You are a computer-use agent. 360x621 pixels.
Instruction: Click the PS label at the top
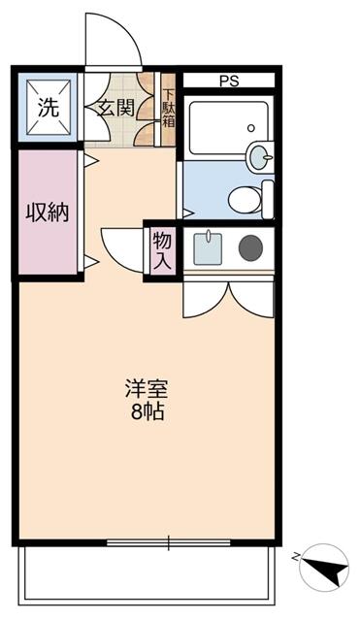(230, 82)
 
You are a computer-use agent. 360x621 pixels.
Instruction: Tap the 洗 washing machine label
(46, 108)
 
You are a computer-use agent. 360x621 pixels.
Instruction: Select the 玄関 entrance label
(115, 108)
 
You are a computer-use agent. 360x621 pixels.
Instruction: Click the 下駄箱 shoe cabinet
(168, 109)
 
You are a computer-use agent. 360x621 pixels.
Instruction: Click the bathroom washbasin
(260, 155)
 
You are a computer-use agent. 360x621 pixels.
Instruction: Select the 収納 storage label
(46, 212)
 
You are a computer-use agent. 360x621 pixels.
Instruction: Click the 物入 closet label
(161, 250)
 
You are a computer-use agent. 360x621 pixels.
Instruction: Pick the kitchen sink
(208, 249)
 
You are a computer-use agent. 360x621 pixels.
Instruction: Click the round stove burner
(251, 248)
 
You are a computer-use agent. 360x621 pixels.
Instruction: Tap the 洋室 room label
(146, 390)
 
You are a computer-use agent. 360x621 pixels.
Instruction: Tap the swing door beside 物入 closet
(120, 247)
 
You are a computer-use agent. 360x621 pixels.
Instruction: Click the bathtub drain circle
(250, 127)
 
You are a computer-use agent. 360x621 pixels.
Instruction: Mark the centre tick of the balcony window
(169, 540)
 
